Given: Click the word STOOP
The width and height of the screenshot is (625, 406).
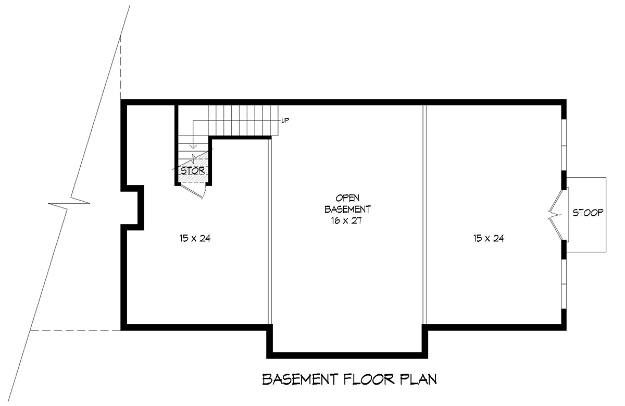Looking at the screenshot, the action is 587,213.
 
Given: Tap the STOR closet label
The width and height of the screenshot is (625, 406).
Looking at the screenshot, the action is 193,170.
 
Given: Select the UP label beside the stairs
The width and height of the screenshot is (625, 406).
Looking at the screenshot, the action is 285,120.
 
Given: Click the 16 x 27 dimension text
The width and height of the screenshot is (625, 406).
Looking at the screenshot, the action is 346,221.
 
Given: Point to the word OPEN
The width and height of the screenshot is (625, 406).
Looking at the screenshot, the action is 347,198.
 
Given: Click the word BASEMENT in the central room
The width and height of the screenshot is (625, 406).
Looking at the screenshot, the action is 348,209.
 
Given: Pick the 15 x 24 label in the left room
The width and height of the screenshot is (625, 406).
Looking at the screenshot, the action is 195,238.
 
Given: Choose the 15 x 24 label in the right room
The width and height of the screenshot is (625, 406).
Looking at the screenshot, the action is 489,238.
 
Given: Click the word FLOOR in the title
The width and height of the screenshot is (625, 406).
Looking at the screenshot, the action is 369,379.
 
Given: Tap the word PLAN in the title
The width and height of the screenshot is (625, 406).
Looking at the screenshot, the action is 418,379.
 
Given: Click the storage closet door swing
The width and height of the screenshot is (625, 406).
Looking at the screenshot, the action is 193,190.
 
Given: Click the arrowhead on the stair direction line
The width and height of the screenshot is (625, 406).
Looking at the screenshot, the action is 193,146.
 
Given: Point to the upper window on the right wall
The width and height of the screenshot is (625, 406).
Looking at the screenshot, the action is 564,145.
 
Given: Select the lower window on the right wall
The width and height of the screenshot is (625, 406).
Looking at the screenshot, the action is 564,284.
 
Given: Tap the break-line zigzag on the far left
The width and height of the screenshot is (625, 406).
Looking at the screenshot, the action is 69,203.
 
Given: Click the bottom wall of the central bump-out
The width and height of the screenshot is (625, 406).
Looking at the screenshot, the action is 347,355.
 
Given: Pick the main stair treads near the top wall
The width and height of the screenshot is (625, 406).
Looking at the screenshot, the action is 243,120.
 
